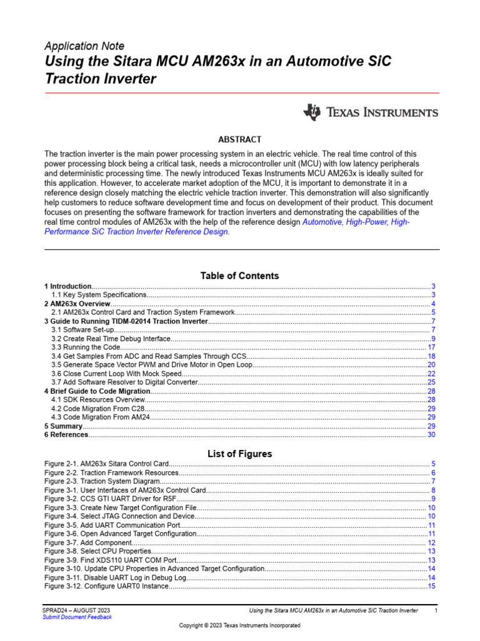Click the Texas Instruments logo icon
coord(312,112)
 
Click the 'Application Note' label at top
coord(84,46)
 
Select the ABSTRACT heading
coord(239,140)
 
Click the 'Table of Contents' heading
coord(239,275)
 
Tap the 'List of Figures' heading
coord(239,453)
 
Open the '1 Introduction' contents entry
coord(68,286)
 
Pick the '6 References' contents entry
coord(67,434)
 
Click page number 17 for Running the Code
coord(431,347)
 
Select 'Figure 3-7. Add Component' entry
coord(88,543)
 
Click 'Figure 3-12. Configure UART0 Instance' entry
coord(107,587)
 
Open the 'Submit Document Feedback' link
coord(77,617)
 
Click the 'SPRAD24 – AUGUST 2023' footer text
coord(76,610)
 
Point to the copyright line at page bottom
coord(239,626)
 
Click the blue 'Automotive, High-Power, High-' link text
coord(356,223)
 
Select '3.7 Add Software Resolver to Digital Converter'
coord(122,382)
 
